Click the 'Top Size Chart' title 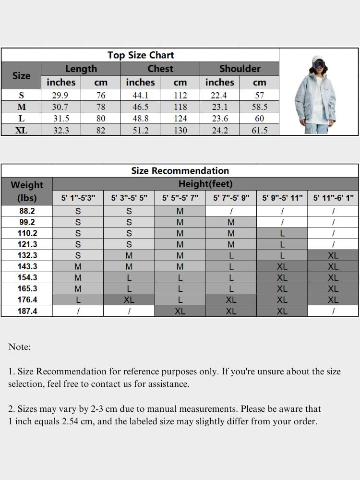point(140,55)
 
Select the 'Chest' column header point(160,69)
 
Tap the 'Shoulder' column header point(240,69)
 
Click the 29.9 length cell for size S point(60,96)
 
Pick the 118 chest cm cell point(180,107)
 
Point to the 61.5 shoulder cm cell point(259,130)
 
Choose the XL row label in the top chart point(21,130)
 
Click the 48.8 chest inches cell point(140,119)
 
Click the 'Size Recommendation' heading point(180,170)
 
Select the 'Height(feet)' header point(205,183)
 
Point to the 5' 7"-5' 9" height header point(231,198)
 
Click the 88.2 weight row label point(27,211)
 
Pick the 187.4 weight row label point(27,311)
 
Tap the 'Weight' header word point(27,185)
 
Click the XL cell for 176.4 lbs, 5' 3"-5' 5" point(129,300)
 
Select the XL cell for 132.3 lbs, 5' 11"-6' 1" point(333,255)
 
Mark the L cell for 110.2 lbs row point(282,233)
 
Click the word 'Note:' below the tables point(19,347)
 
